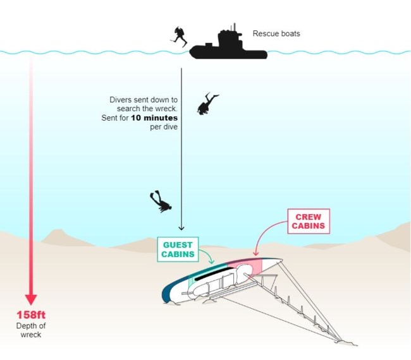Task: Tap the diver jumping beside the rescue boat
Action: [179, 36]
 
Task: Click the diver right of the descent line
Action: [207, 104]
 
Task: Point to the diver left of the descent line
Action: [160, 201]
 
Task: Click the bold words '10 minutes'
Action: [154, 118]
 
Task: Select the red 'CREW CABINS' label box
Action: [310, 221]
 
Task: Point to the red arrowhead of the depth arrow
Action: [30, 299]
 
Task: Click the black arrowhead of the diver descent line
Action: [181, 228]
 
